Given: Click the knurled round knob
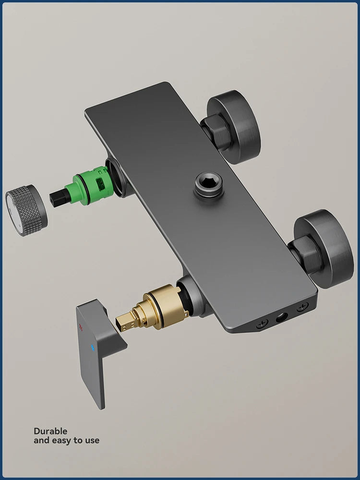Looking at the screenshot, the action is point(26,210).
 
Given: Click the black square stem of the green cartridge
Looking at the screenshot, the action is point(58,197).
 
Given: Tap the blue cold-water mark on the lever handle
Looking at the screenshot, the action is point(92,348).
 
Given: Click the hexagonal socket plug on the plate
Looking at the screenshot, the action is point(209,186).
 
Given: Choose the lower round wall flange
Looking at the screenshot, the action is point(324,249).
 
